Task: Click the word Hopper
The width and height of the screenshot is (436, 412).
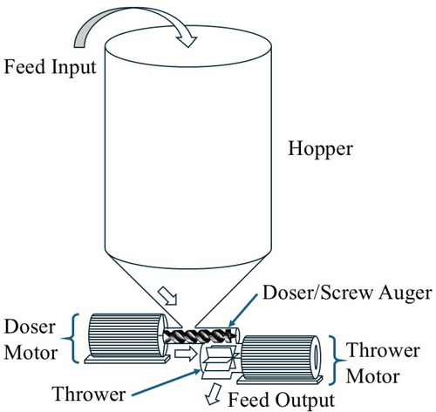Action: coord(320,149)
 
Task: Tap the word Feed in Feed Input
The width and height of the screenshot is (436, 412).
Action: coord(24,66)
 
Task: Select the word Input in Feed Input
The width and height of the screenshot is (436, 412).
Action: coord(73,67)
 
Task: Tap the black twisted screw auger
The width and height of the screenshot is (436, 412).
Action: coord(200,337)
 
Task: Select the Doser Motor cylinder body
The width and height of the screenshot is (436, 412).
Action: coord(126,335)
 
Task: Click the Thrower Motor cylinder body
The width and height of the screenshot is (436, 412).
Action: coord(281,358)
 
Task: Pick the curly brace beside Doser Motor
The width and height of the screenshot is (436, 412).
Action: coord(72,338)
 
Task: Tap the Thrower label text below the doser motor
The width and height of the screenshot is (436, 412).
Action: coord(89,394)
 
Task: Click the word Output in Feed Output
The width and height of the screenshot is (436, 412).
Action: coord(305,401)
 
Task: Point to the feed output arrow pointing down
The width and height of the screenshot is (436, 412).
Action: coord(215,394)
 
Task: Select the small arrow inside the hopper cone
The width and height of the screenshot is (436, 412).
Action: coord(167,296)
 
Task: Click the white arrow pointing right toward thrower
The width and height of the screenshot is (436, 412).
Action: coord(186,354)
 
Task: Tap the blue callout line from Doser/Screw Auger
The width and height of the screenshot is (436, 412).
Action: coord(243,311)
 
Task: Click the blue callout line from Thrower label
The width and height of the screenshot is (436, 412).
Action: coord(166,382)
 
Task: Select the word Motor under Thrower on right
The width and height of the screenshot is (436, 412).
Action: coord(373,376)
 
